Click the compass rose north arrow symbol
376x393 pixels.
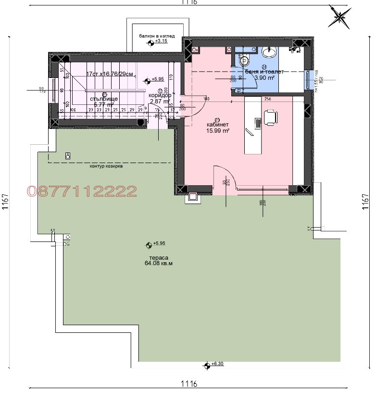click(339, 18)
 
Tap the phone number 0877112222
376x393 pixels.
click(82, 191)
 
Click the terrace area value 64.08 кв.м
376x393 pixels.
click(158, 263)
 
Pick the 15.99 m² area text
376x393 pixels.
click(217, 130)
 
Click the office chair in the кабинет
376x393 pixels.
click(271, 117)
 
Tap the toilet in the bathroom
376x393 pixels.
click(245, 60)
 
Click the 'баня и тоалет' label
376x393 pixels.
click(264, 71)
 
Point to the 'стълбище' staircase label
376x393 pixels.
click(103, 99)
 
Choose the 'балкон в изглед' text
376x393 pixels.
click(157, 36)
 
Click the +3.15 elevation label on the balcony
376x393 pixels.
click(161, 42)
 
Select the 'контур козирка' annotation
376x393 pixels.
click(106, 166)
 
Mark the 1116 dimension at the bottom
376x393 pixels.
click(188, 384)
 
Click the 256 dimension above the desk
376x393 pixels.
click(268, 99)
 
